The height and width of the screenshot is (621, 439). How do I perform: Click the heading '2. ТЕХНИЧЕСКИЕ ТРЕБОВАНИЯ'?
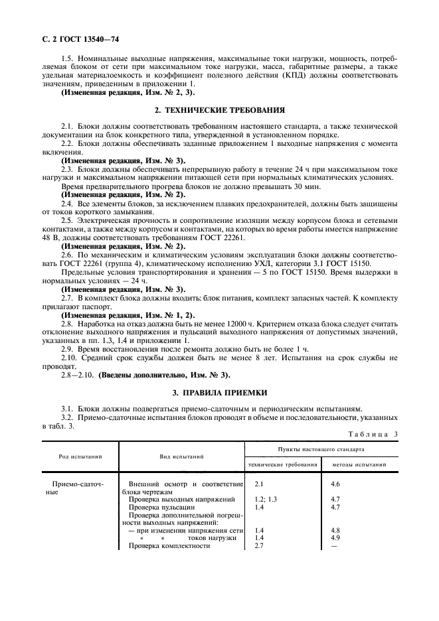219,109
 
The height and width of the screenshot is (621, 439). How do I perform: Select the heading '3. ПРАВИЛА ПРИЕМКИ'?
219,391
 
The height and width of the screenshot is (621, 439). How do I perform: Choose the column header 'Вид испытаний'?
181,456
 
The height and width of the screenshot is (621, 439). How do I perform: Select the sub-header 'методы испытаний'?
359,465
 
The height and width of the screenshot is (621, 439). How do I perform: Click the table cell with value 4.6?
335,485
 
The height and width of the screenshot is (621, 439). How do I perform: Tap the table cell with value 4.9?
335,537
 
